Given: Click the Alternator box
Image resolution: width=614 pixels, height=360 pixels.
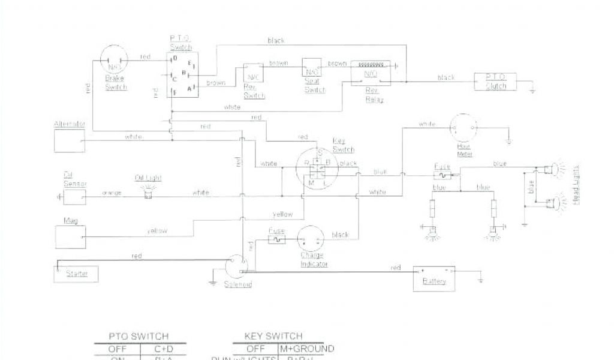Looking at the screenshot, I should coord(70,141).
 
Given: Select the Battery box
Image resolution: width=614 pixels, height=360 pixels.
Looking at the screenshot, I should coord(434,278).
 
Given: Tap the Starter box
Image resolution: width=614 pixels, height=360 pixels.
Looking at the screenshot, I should coord(76,274).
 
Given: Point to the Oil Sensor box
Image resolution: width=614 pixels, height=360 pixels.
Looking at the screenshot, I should coord(75,196).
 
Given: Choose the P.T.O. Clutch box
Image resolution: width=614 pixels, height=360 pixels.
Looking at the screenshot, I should coord(495,82).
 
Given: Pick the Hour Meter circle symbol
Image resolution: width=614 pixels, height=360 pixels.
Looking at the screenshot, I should coord(464,127).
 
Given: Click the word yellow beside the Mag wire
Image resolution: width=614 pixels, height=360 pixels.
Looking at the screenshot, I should coord(157,230).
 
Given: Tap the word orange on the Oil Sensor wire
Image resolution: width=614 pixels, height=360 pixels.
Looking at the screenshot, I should coord(112,193).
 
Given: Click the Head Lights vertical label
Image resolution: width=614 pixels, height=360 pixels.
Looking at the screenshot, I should coord(576,184).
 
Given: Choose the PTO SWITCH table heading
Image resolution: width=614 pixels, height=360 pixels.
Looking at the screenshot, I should coord(139,336).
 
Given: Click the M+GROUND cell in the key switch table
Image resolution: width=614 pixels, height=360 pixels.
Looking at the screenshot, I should coord(306,349).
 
